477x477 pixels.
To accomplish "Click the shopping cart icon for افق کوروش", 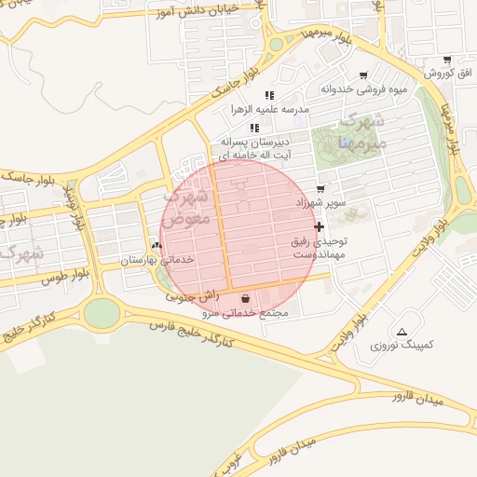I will click(447, 61).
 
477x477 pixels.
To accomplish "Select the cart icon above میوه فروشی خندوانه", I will click(363, 76).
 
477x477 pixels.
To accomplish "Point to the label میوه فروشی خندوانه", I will click(364, 89).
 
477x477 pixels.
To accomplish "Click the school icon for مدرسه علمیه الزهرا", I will click(269, 95).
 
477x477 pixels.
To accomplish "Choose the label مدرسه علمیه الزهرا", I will click(269, 109).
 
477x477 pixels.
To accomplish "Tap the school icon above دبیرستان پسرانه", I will click(253, 128).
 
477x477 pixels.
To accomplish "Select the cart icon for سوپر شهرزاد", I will click(320, 188).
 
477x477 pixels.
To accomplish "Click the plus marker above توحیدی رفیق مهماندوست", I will click(320, 226).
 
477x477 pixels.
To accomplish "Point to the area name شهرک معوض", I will click(191, 210).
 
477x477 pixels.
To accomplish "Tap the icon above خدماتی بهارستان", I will click(157, 246).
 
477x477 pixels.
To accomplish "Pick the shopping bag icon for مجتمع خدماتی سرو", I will click(245, 299).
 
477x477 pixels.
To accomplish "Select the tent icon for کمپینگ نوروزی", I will click(402, 332).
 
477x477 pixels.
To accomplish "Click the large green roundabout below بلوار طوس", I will click(102, 313).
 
